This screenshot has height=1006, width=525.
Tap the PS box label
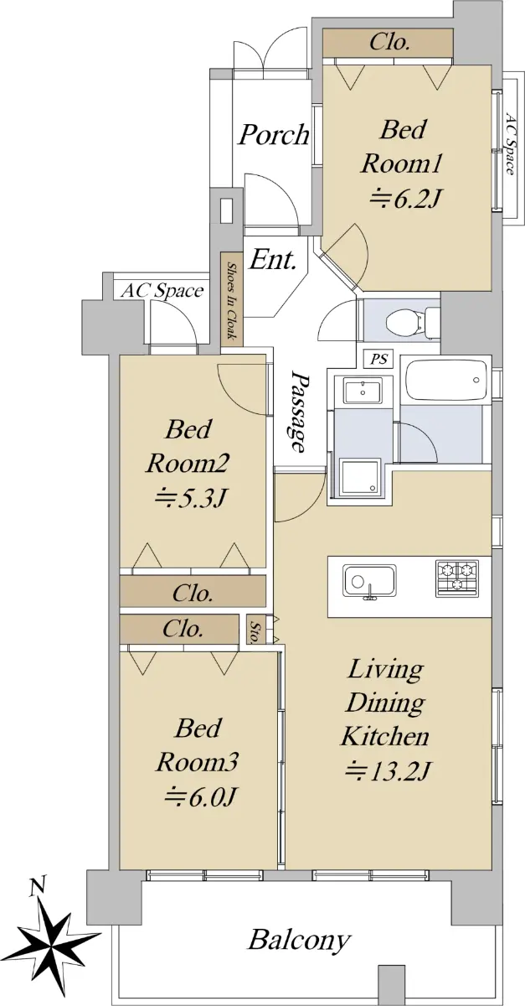[x=379, y=360]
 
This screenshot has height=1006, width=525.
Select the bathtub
[x=445, y=381]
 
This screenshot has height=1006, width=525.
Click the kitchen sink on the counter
[x=370, y=582]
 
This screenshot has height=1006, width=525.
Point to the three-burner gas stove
[x=457, y=578]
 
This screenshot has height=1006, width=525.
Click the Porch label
[x=273, y=134]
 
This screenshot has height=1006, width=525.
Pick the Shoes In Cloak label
[x=232, y=301]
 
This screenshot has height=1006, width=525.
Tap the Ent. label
[x=273, y=259]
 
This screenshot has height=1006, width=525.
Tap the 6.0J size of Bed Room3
[x=199, y=797]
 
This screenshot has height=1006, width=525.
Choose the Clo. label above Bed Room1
[x=389, y=43]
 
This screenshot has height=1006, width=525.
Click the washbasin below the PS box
[x=363, y=391]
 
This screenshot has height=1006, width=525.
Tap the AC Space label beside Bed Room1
[x=510, y=143]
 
